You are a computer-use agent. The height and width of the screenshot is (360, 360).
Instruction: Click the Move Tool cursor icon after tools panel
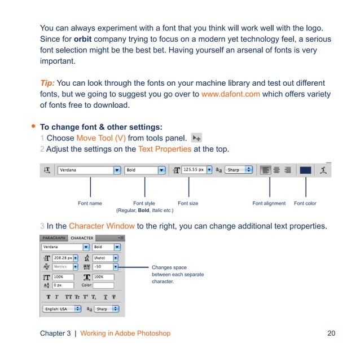tap(197, 137)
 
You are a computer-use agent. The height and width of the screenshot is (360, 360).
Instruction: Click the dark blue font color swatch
tap(305, 170)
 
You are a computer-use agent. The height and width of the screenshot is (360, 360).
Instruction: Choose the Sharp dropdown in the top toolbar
tap(240, 170)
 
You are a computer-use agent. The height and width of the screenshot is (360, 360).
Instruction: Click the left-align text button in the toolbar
tap(265, 170)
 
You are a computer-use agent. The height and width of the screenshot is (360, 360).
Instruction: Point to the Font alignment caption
tap(269, 203)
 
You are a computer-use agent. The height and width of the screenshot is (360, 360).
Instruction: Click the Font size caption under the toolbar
tap(188, 203)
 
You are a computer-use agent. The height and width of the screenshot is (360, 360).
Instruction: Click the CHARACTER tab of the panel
tap(82, 238)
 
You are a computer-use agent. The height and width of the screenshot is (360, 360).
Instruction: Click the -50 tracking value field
tap(105, 267)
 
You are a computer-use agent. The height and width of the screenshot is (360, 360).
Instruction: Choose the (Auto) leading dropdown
tap(105, 257)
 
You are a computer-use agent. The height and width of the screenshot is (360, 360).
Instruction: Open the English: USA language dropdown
tap(62, 309)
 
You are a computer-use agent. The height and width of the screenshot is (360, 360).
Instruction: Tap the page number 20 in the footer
tap(331, 333)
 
